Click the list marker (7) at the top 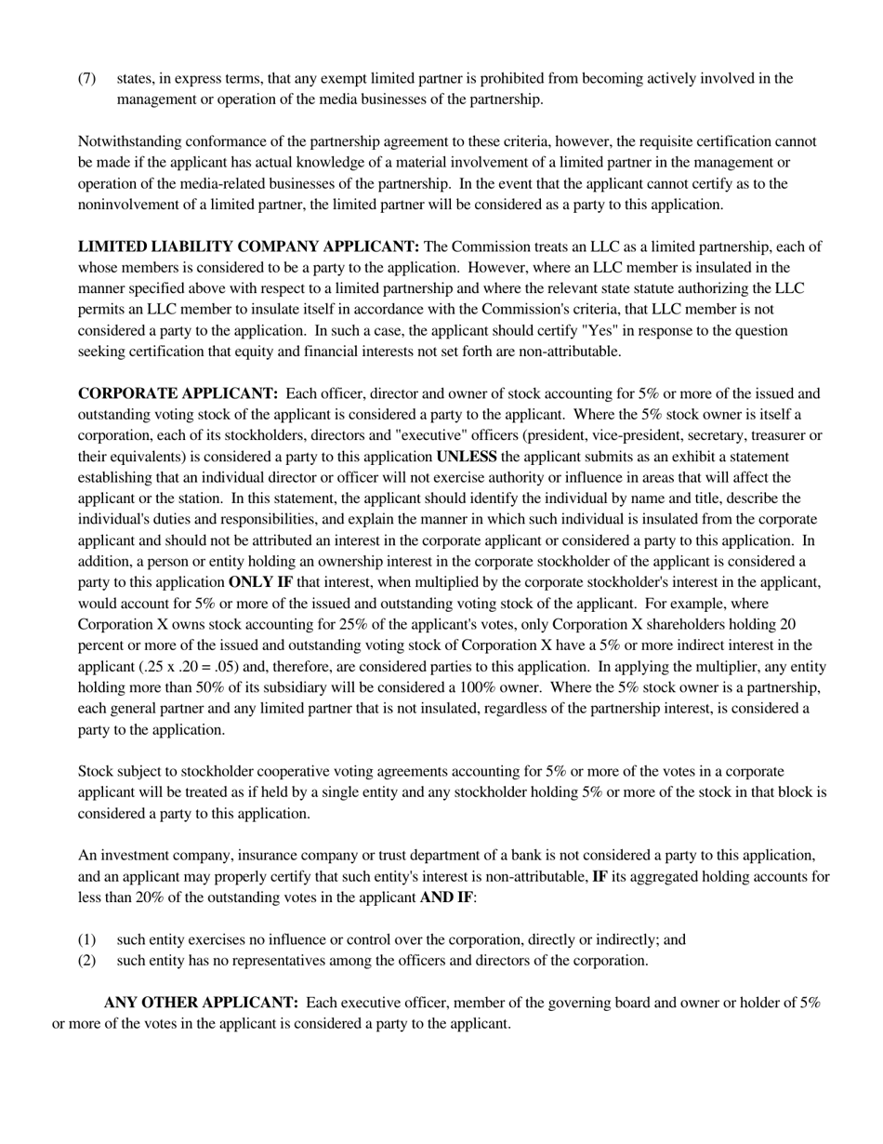click(86, 78)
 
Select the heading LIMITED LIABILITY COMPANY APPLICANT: click(248, 246)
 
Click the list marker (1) click(86, 939)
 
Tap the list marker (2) click(86, 960)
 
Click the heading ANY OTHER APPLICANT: click(201, 1003)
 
